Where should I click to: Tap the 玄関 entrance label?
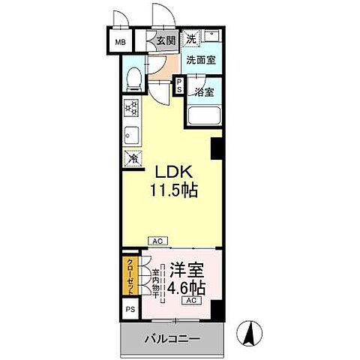(x=166, y=41)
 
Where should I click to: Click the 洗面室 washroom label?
(x=201, y=61)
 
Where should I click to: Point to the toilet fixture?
(x=133, y=77)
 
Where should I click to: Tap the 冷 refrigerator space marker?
(x=132, y=159)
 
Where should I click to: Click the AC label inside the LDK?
(x=158, y=241)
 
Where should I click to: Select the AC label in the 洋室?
(x=191, y=301)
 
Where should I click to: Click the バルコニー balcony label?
(x=172, y=339)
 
